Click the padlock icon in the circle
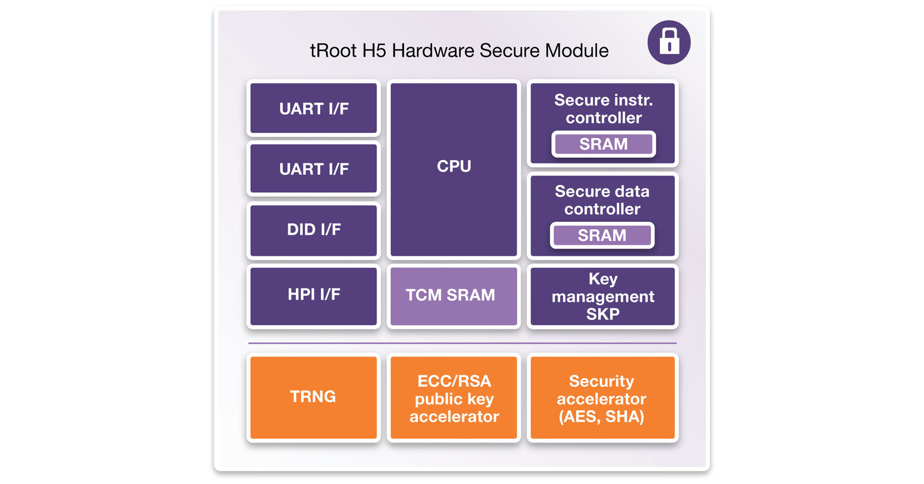669,42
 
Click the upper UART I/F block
314,109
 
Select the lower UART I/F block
314,169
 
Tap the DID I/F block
314,229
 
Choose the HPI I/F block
314,295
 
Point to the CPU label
454,166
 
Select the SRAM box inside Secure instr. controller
603,144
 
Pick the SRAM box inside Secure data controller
602,235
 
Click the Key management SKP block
603,296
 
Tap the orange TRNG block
313,397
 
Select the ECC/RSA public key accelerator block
454,399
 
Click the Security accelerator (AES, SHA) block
602,399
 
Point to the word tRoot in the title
333,51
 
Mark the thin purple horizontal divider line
462,343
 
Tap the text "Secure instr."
603,100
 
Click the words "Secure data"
602,191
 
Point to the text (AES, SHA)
602,417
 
